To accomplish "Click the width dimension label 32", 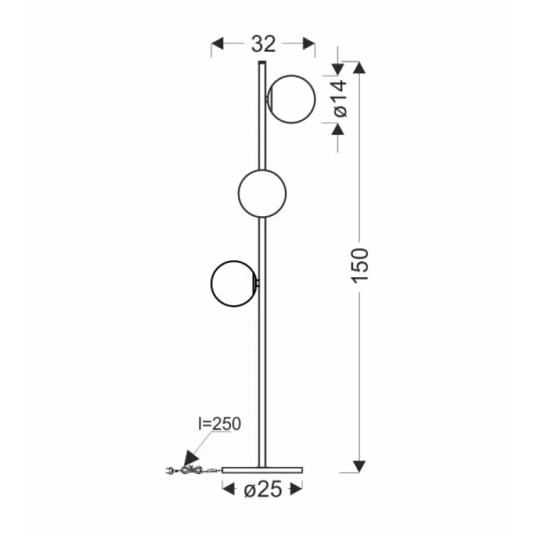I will point(263,44).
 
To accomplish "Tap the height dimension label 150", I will point(360,265).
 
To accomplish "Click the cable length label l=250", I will point(219,425).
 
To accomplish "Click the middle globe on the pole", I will point(262,192).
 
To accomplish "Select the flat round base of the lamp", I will point(263,470).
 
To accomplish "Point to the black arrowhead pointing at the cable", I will point(190,459).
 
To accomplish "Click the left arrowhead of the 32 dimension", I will point(218,44).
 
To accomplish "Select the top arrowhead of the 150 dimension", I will point(360,68).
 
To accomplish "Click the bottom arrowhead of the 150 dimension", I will point(360,466).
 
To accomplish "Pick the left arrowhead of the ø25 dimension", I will point(228,488).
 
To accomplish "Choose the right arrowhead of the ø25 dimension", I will point(298,488).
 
